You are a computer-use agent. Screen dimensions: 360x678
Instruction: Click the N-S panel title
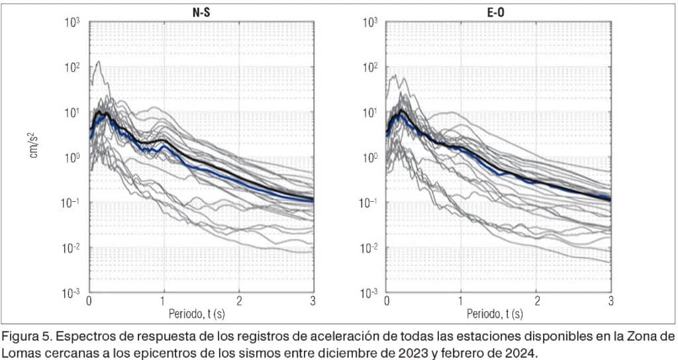click(x=201, y=11)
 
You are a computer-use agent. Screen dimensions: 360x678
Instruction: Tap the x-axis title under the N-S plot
click(x=201, y=311)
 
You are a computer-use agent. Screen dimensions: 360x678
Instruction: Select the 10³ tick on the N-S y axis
click(x=72, y=22)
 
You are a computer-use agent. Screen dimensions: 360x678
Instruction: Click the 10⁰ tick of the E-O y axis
click(x=369, y=157)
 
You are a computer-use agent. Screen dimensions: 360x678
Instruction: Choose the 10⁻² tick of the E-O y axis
click(x=367, y=247)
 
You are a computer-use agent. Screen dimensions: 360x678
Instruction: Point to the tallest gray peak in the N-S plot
click(x=99, y=62)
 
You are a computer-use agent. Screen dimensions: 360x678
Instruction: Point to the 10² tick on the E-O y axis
click(x=369, y=67)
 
